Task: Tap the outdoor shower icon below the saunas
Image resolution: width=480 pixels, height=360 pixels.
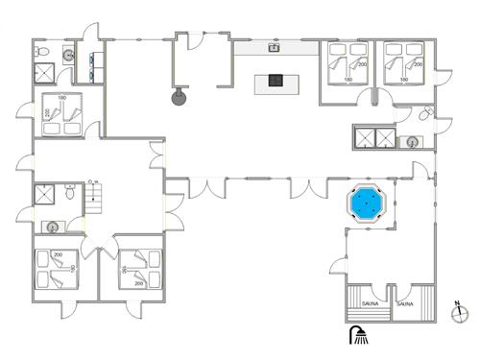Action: tap(359, 335)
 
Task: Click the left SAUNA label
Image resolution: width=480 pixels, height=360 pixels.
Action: tap(371, 303)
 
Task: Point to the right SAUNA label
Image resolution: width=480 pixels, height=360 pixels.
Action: tap(405, 303)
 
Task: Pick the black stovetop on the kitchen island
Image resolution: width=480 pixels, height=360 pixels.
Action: tap(276, 82)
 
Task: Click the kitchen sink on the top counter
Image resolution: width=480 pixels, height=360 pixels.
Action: tap(275, 45)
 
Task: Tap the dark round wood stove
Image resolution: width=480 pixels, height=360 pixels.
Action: tap(178, 95)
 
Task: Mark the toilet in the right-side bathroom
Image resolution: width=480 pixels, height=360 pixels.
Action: tap(426, 114)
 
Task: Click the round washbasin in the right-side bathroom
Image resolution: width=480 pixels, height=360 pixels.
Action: tap(411, 142)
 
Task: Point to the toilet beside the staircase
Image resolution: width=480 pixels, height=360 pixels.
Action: tap(71, 193)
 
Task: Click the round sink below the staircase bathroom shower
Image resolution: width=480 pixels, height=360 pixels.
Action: tap(52, 228)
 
